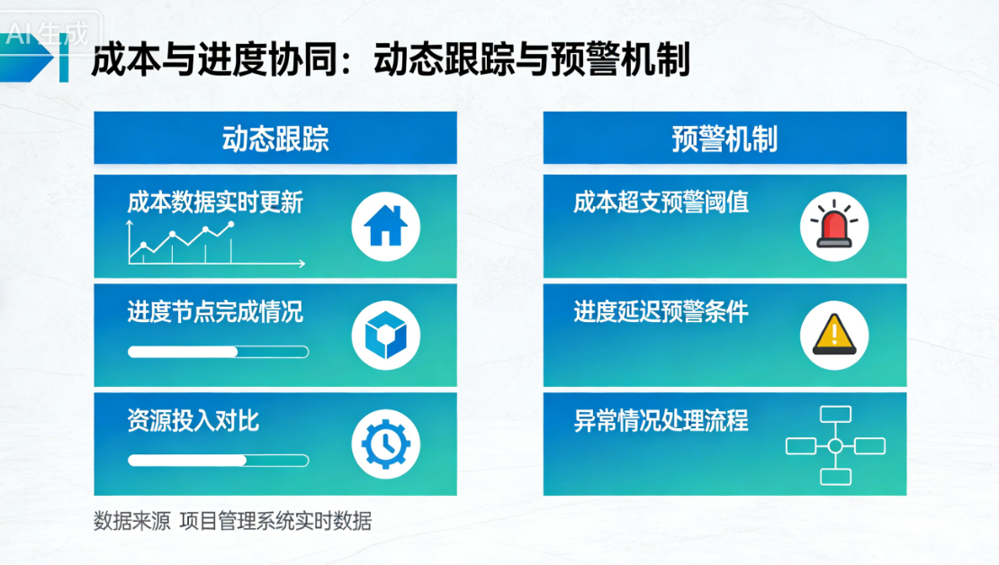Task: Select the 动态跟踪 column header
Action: click(x=275, y=139)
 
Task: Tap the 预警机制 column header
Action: click(x=724, y=139)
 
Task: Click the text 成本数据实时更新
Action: click(x=215, y=202)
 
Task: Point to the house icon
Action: click(x=386, y=225)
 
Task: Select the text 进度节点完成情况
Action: click(x=215, y=312)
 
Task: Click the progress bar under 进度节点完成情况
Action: click(x=218, y=352)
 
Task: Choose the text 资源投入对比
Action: click(x=193, y=421)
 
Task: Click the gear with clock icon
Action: click(x=386, y=444)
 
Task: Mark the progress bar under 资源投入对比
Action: click(x=218, y=461)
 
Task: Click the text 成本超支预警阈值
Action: click(x=661, y=202)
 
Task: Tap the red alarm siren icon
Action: click(x=834, y=225)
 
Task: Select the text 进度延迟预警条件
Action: click(x=661, y=312)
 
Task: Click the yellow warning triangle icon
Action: click(x=834, y=335)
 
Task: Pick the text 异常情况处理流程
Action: click(x=661, y=421)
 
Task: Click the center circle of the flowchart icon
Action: click(x=835, y=446)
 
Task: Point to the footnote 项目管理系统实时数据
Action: click(x=275, y=521)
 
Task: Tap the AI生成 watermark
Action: click(x=47, y=35)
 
